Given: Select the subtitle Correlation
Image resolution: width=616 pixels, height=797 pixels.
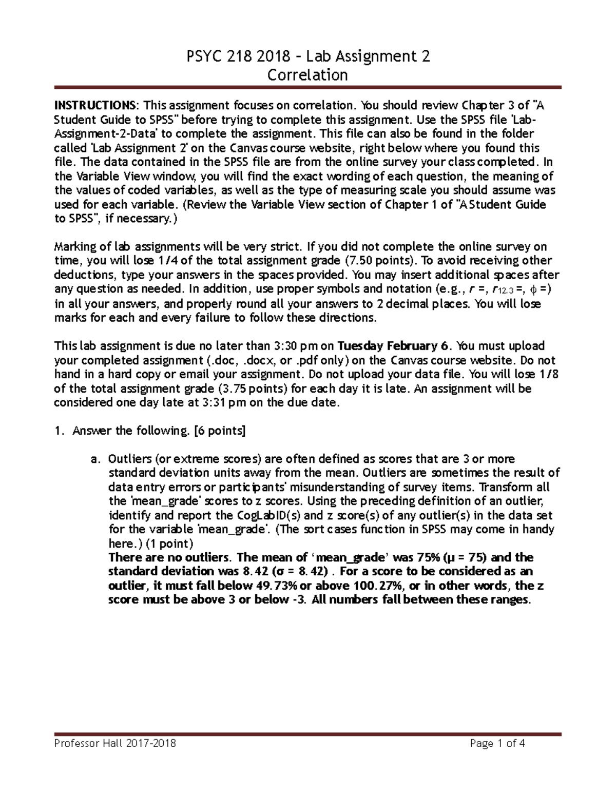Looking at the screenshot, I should [x=307, y=75].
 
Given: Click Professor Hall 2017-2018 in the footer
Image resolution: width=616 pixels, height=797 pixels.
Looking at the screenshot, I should [x=115, y=743].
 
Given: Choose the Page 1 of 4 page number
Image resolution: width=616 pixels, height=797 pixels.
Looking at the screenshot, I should [x=497, y=743].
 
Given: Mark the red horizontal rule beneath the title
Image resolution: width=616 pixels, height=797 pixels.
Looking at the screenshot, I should [x=307, y=88].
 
